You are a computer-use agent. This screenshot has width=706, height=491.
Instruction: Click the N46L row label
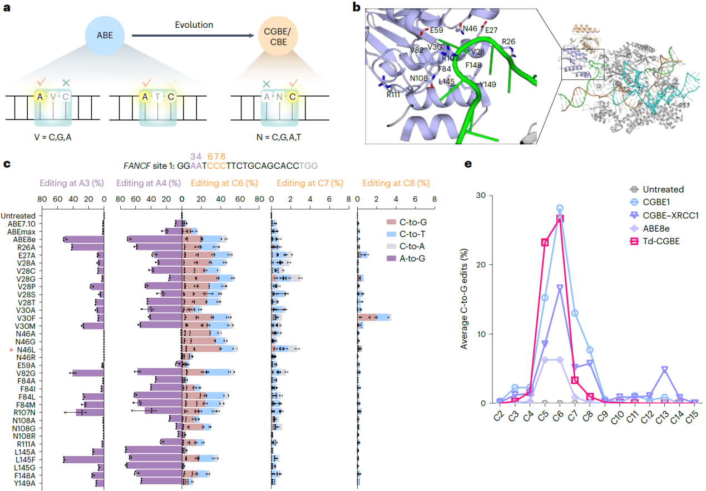click(x=26, y=349)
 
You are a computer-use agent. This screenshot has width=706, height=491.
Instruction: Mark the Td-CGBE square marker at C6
click(x=560, y=218)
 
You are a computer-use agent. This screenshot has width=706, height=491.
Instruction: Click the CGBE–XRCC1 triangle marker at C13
click(x=664, y=369)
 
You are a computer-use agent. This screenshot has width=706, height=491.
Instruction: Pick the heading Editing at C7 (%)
click(x=310, y=183)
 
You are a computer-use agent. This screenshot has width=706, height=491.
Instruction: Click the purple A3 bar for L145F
click(x=83, y=459)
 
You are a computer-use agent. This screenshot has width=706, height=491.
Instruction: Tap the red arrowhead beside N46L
click(x=12, y=349)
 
